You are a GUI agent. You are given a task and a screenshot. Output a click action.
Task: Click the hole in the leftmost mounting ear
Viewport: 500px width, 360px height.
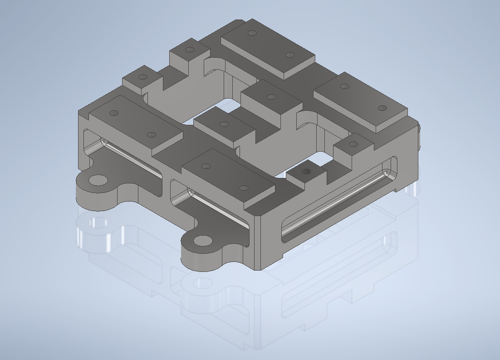(x=97, y=180)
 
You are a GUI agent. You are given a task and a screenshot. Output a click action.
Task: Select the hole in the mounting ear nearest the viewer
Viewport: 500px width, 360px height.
(x=203, y=241)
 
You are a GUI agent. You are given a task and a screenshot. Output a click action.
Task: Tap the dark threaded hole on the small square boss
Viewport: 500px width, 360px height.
(x=307, y=172)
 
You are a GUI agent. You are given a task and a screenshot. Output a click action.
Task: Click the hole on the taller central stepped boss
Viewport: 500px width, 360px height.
(x=271, y=97)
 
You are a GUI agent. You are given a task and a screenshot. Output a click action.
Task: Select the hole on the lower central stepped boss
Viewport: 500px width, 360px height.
(x=224, y=124)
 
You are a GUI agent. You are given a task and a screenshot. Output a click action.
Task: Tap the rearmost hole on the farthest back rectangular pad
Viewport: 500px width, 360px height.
(x=253, y=33)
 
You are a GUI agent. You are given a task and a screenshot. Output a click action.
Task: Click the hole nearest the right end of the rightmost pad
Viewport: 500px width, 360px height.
(x=382, y=108)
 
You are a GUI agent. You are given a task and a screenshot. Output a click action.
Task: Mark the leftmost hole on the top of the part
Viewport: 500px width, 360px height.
(x=114, y=113)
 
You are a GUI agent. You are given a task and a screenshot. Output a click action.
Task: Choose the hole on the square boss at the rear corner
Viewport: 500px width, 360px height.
(x=190, y=49)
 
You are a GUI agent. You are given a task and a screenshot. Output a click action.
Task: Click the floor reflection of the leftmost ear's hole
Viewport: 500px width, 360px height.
(x=98, y=222)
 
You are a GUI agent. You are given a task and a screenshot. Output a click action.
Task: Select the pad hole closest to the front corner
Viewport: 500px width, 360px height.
(x=244, y=188)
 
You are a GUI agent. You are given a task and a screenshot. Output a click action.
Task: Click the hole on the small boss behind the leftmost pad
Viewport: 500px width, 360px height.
(x=142, y=77)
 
